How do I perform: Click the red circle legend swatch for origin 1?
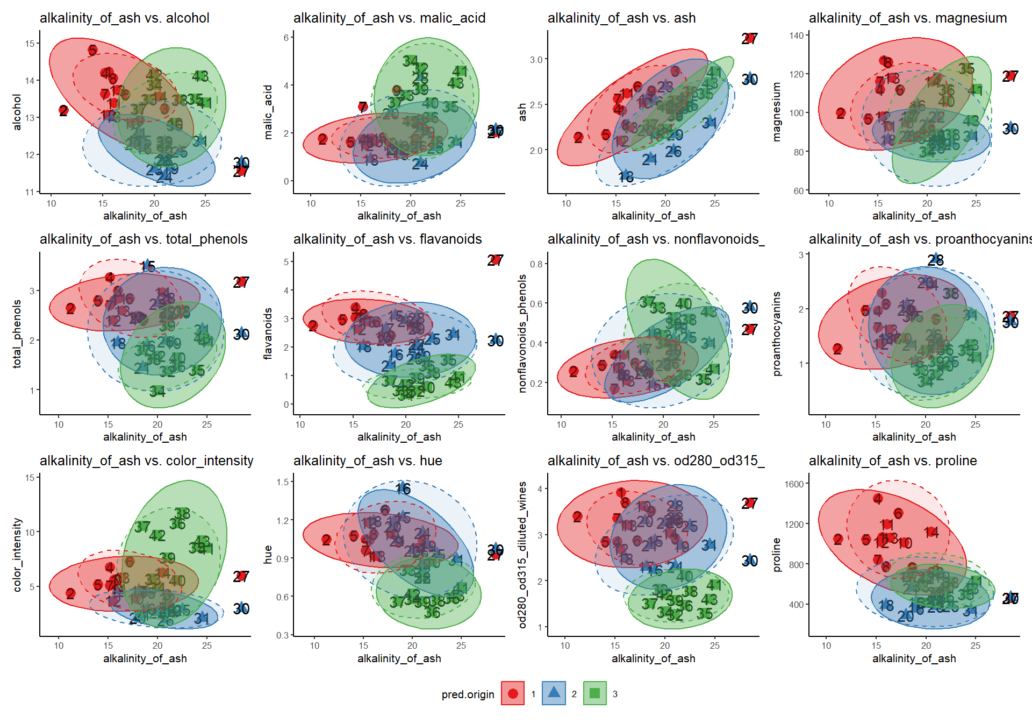click(513, 693)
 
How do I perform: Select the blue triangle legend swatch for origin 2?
click(554, 693)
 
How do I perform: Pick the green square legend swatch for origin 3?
click(594, 693)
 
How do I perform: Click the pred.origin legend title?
click(468, 694)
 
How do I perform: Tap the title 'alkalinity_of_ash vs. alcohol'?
click(124, 18)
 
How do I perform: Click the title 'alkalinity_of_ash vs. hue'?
click(368, 460)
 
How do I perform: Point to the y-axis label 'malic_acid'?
click(268, 112)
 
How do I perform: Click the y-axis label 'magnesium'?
click(776, 112)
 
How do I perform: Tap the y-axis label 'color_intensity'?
click(17, 555)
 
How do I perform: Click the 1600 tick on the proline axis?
click(794, 484)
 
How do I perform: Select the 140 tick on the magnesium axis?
click(797, 36)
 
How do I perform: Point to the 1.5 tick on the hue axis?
click(283, 481)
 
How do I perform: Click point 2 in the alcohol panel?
click(63, 111)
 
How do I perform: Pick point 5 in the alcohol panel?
click(92, 50)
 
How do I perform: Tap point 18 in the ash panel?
click(626, 176)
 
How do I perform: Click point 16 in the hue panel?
click(403, 488)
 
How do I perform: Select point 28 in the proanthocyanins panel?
click(936, 260)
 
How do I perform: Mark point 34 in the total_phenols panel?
click(157, 391)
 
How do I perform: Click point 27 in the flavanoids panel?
click(495, 260)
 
